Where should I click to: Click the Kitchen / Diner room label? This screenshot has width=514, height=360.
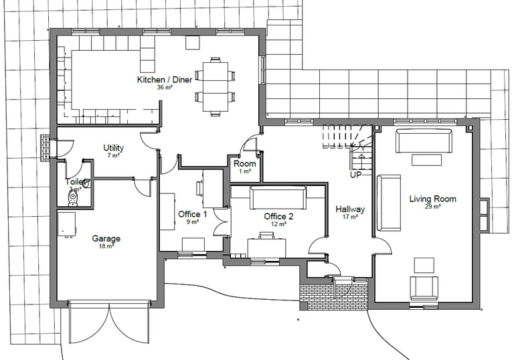click(165, 80)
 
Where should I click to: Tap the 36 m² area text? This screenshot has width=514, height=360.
click(165, 88)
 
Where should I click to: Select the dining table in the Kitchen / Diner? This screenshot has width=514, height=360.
click(216, 86)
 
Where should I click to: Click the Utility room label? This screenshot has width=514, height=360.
click(113, 148)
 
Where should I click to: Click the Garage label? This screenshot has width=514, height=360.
click(106, 238)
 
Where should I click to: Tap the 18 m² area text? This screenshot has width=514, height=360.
click(106, 246)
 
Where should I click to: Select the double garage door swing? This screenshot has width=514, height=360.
click(109, 323)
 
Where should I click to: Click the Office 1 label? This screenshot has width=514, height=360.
click(192, 214)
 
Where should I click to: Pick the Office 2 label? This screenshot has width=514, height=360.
click(278, 216)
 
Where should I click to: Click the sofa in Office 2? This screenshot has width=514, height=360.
click(278, 197)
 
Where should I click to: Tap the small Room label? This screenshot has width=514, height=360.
click(245, 164)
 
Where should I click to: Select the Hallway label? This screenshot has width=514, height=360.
click(350, 209)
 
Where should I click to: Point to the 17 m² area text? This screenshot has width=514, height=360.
click(350, 217)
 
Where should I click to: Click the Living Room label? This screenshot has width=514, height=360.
click(432, 199)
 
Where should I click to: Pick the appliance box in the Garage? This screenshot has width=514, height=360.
click(66, 223)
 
